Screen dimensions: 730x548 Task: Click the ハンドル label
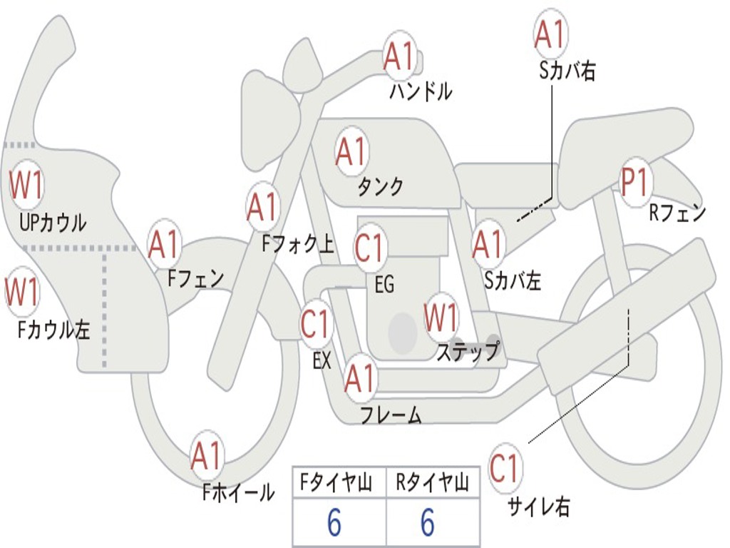click(x=421, y=91)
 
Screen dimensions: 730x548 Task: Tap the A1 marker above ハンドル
click(x=399, y=56)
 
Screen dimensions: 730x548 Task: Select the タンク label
click(x=380, y=186)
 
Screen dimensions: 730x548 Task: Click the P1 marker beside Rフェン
click(x=634, y=183)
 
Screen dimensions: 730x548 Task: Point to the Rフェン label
click(x=677, y=212)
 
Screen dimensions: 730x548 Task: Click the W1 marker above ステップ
click(x=441, y=318)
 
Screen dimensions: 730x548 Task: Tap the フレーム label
click(x=391, y=415)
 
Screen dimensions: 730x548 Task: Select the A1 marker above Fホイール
click(x=207, y=457)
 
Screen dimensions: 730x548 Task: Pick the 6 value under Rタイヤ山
click(x=428, y=523)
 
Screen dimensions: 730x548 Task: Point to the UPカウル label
click(x=52, y=223)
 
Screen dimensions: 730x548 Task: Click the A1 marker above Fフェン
click(x=165, y=245)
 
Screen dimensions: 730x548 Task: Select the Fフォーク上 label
click(x=297, y=245)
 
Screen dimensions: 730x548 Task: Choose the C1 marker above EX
click(x=316, y=325)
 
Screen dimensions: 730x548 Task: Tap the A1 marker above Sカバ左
click(x=489, y=245)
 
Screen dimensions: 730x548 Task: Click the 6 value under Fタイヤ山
click(x=334, y=523)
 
